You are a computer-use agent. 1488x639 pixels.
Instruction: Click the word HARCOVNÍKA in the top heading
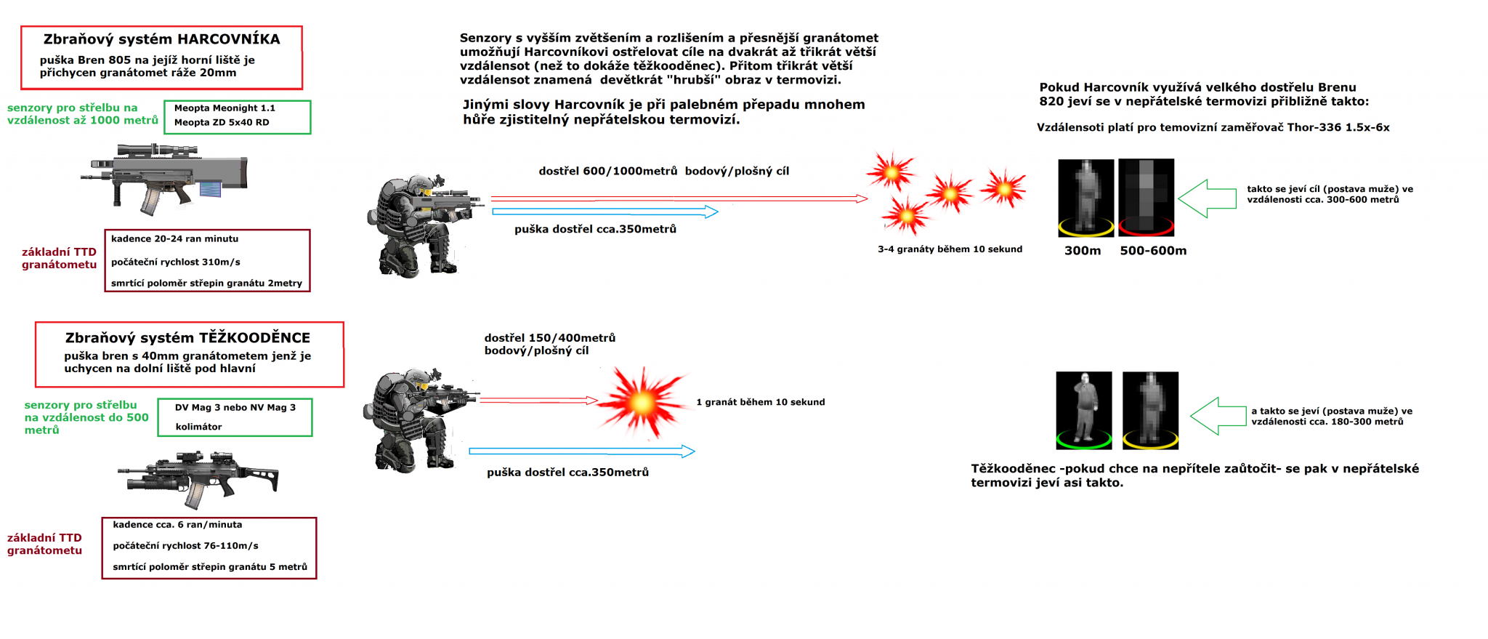pyautogui.click(x=229, y=39)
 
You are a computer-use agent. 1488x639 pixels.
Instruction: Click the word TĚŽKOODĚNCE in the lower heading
pyautogui.click(x=255, y=338)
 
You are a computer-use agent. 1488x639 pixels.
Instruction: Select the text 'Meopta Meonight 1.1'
pyautogui.click(x=225, y=108)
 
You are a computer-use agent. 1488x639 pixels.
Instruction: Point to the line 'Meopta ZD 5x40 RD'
pyautogui.click(x=222, y=123)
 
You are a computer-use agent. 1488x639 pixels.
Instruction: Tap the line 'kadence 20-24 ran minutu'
pyautogui.click(x=174, y=239)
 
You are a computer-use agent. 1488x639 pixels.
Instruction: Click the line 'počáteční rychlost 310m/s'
pyautogui.click(x=175, y=262)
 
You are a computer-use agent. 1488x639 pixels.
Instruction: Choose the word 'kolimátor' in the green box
pyautogui.click(x=198, y=427)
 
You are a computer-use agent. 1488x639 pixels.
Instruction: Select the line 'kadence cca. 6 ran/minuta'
pyautogui.click(x=177, y=525)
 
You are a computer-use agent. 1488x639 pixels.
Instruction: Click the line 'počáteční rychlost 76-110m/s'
pyautogui.click(x=185, y=546)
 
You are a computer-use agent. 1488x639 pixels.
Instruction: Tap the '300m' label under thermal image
pyautogui.click(x=1083, y=251)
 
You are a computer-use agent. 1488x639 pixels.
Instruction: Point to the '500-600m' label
pyautogui.click(x=1153, y=251)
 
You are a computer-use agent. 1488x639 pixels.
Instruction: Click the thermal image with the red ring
pyautogui.click(x=1147, y=198)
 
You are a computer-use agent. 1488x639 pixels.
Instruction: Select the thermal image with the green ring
pyautogui.click(x=1084, y=411)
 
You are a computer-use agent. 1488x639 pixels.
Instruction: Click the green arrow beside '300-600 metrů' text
pyautogui.click(x=1207, y=198)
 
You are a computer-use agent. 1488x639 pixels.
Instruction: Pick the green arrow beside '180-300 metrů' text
pyautogui.click(x=1218, y=416)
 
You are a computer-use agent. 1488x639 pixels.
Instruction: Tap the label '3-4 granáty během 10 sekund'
pyautogui.click(x=950, y=249)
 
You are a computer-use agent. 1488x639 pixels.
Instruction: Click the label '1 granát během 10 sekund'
pyautogui.click(x=761, y=402)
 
